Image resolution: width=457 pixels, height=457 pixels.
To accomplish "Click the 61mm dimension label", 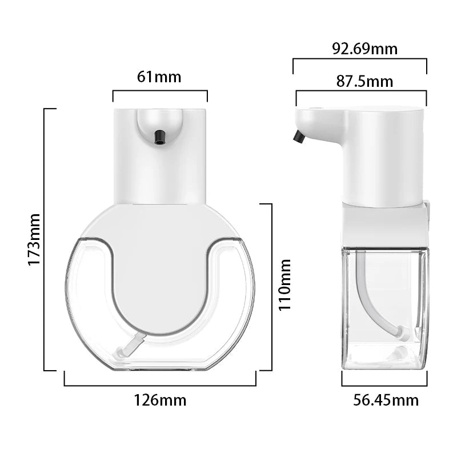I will (x=159, y=77).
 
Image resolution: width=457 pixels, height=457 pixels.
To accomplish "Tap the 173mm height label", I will (x=34, y=239).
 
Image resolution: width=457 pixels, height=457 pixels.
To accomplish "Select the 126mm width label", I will (x=160, y=400).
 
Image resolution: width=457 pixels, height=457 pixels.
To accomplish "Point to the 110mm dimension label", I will (x=284, y=284).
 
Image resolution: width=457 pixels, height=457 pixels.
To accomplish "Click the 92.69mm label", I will (x=365, y=49).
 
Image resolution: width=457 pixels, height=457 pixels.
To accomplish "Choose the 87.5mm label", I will (x=364, y=81).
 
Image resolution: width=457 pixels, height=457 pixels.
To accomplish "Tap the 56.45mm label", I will (x=386, y=400).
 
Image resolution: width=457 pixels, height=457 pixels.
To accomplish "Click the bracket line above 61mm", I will (x=160, y=90).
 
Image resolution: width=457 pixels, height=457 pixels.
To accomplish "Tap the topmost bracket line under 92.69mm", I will (x=360, y=58).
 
